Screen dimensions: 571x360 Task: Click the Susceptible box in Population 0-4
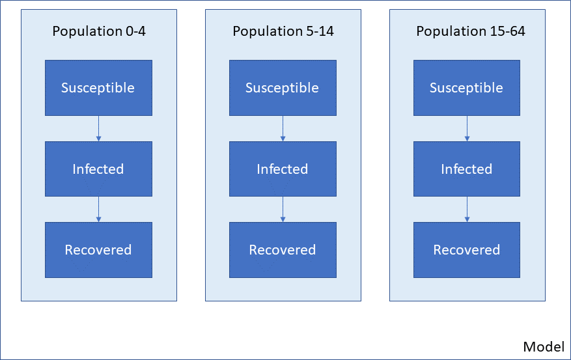click(98, 88)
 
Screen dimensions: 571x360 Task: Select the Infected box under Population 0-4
click(98, 169)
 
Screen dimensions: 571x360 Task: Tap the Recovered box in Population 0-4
click(98, 250)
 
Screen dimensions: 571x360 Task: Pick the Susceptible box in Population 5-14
click(283, 88)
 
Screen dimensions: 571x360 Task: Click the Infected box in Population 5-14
click(283, 169)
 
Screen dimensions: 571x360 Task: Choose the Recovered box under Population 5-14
click(283, 250)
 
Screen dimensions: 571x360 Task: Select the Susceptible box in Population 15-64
click(466, 88)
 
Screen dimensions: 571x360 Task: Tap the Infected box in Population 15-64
click(466, 169)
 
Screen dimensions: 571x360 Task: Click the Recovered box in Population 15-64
click(466, 250)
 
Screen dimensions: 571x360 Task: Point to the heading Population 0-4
click(99, 31)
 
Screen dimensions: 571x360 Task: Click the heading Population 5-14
click(283, 31)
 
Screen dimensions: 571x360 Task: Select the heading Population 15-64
click(471, 31)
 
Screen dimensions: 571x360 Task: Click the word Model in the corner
click(544, 346)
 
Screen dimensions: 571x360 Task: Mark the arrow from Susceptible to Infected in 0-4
click(98, 128)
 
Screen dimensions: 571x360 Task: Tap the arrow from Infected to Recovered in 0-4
click(98, 210)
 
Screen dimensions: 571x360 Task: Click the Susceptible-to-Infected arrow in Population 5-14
click(283, 128)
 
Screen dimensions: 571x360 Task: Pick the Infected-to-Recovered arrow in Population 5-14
click(283, 210)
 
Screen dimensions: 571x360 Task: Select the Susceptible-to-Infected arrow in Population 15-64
click(467, 128)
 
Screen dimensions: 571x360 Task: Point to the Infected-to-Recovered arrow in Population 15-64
click(467, 210)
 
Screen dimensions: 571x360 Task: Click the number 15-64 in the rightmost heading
click(508, 31)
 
